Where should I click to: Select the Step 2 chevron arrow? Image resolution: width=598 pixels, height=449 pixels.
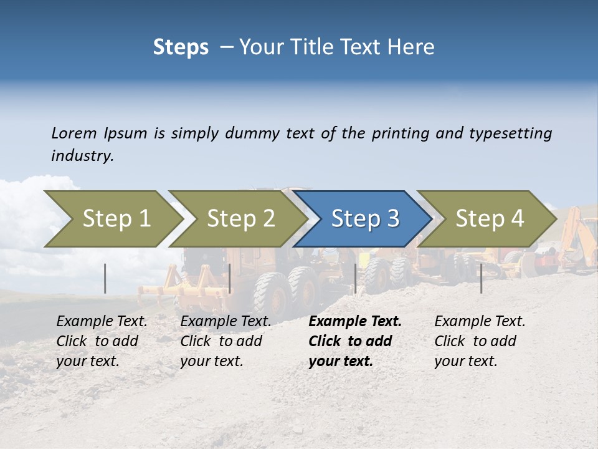(x=240, y=219)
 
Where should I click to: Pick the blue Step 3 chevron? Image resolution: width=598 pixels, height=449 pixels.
(x=365, y=219)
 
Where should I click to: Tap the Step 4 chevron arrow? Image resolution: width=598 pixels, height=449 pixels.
(x=490, y=219)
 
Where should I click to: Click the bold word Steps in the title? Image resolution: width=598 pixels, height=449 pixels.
(x=181, y=47)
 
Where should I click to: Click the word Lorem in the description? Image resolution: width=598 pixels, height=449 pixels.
(x=74, y=133)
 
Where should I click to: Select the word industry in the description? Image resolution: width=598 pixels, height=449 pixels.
(x=82, y=156)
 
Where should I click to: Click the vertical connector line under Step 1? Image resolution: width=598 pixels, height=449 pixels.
(x=105, y=278)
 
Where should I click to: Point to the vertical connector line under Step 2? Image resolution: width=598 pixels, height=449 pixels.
(x=230, y=278)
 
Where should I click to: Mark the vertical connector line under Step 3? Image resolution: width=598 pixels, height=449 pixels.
(x=355, y=278)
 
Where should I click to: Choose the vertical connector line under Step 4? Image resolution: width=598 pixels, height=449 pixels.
(x=481, y=278)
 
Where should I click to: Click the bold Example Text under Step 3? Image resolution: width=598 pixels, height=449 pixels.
(x=355, y=322)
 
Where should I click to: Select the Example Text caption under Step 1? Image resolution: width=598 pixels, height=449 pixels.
(x=102, y=322)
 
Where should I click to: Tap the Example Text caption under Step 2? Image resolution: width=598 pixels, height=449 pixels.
(x=225, y=322)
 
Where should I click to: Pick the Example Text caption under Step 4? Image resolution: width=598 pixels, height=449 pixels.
(x=480, y=322)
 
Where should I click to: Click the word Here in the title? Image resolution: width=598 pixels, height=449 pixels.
(x=411, y=47)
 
